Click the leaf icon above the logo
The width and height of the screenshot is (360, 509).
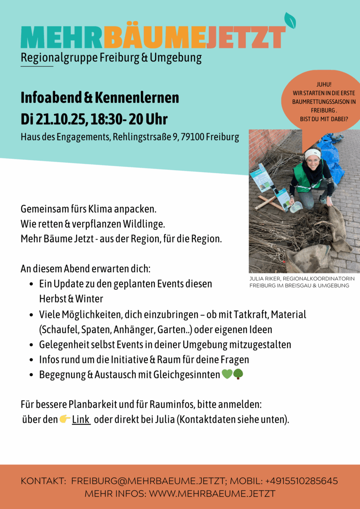(290, 21)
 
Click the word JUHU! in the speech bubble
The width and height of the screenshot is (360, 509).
(324, 85)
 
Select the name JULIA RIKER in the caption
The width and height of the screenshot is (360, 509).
(267, 279)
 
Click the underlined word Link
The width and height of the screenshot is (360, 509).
(81, 420)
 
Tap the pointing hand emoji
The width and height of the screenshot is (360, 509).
(65, 419)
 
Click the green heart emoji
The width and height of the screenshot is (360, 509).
(227, 374)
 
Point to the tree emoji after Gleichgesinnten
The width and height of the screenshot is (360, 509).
(238, 374)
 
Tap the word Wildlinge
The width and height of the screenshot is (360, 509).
(144, 224)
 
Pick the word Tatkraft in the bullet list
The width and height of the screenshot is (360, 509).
(253, 315)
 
